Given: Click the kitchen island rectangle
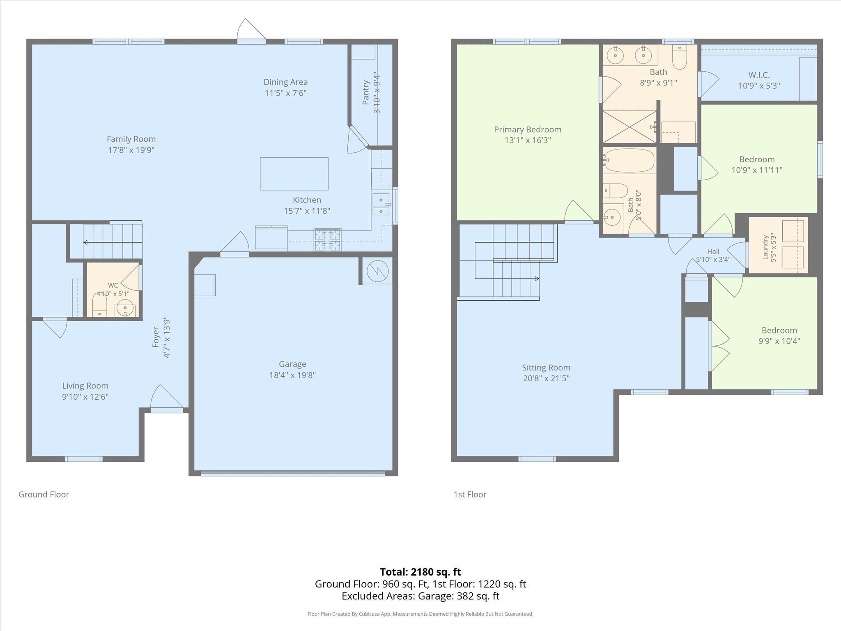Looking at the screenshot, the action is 294,174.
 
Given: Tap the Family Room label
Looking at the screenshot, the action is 131,139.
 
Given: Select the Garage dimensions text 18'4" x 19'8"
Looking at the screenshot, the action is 292,375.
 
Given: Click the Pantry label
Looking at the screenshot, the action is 366,92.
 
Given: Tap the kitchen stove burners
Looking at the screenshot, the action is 327,240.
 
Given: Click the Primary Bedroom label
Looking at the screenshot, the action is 528,130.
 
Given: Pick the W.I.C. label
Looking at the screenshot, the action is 759,75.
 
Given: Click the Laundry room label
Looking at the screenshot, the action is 765,247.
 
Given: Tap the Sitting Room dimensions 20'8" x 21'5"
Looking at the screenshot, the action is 546,378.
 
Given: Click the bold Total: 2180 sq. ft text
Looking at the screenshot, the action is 420,572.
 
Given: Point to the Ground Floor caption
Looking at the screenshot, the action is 44,494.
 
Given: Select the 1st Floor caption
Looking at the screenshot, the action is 470,494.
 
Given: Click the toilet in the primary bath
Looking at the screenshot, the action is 680,57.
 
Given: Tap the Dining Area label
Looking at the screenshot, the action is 286,82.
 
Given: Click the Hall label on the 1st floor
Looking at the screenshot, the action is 713,251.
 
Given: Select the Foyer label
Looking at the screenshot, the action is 156,337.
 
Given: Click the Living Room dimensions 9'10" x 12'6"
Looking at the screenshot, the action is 85,397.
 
